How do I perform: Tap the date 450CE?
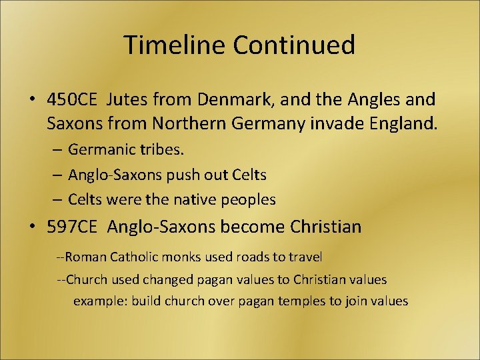(x=72, y=100)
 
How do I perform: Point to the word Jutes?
(x=127, y=100)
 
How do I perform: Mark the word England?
(x=399, y=123)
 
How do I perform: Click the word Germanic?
(x=99, y=150)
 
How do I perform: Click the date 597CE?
(x=72, y=227)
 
